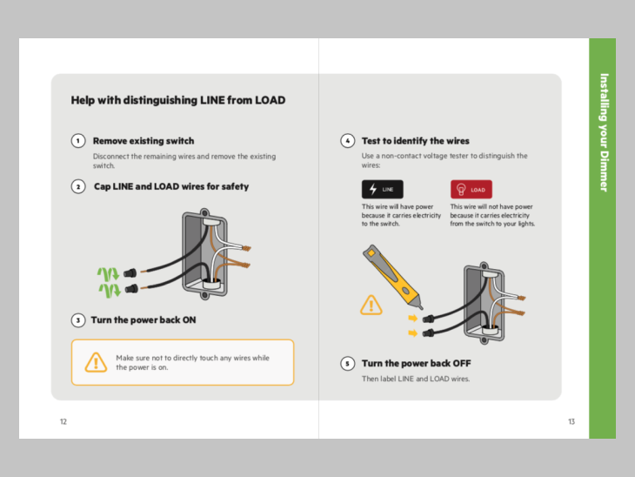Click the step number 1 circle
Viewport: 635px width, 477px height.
78,141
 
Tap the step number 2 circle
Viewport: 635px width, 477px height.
78,187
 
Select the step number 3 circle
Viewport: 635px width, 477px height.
78,320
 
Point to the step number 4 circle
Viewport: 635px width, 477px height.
347,141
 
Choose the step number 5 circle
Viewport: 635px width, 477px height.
347,364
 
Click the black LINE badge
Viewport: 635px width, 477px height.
383,189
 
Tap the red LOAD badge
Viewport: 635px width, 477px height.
471,189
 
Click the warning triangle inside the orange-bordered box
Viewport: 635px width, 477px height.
96,362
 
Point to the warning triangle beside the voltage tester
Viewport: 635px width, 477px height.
371,305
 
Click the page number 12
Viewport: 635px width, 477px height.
63,422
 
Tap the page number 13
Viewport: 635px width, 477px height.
571,422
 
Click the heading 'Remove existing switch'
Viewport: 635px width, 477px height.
144,141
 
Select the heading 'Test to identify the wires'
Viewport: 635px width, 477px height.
415,141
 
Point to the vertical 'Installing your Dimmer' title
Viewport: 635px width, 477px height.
604,131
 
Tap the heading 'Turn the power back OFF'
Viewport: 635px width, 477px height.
416,364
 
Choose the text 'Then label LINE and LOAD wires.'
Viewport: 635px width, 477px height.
416,379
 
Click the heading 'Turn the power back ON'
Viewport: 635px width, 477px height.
144,320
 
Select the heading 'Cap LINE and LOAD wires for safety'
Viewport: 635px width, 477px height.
171,187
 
